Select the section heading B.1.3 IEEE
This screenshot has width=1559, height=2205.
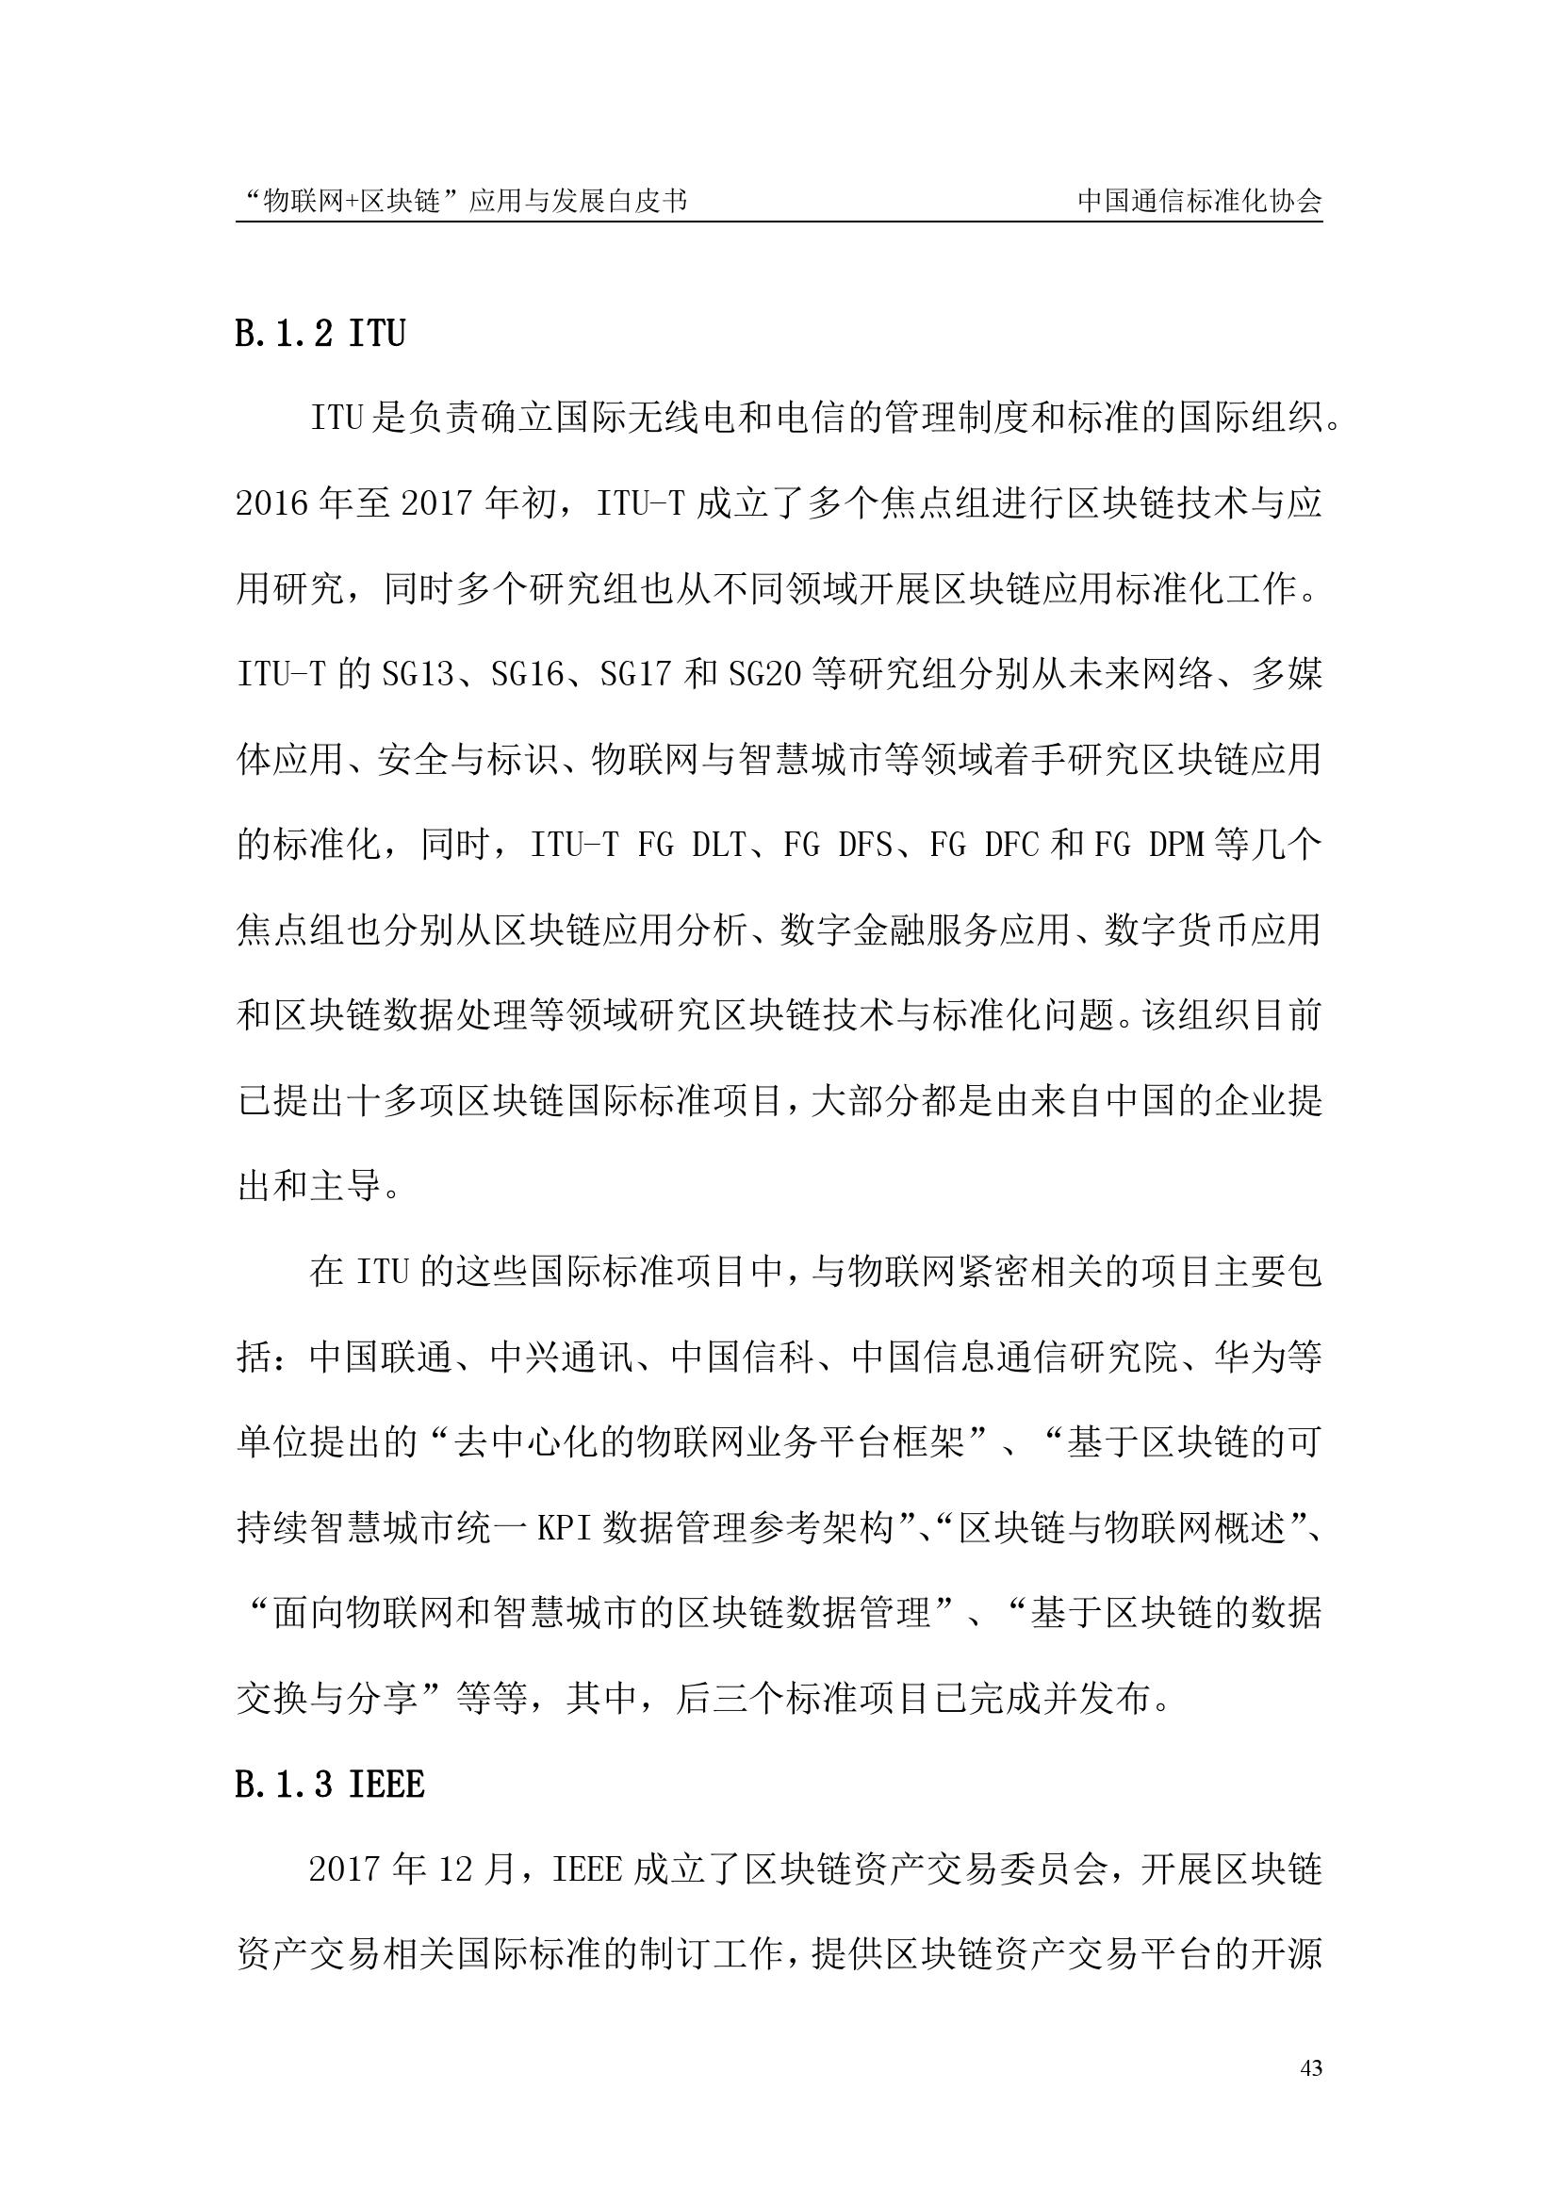pos(329,1785)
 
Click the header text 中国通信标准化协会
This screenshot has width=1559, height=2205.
pos(1200,202)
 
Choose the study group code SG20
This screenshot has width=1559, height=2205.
pos(765,675)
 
